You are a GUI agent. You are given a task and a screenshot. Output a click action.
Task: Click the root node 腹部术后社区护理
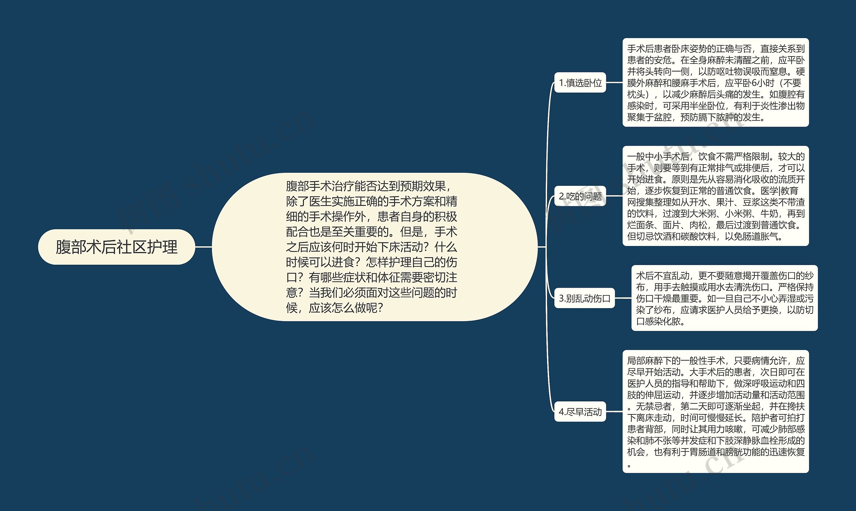coord(116,247)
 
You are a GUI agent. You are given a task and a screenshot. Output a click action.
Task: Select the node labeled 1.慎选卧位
coord(580,83)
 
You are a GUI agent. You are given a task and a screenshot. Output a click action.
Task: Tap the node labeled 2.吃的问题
coord(580,196)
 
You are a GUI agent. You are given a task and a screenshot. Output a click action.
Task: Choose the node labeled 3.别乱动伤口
coord(584,298)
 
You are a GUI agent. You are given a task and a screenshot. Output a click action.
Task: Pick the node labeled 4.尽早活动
coord(580,411)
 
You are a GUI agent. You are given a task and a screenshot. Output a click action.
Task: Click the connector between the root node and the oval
coord(203,247)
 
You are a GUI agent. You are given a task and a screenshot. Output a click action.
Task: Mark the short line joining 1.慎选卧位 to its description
coord(614,83)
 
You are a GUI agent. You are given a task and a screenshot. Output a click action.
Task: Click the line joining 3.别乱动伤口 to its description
coord(623,298)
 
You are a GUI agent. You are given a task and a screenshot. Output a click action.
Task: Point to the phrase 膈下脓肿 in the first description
coord(724,117)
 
